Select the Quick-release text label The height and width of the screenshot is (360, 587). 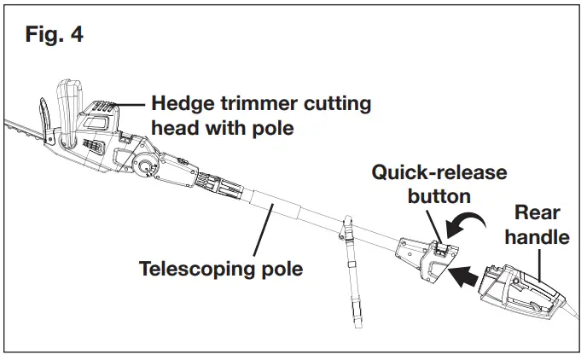(x=439, y=173)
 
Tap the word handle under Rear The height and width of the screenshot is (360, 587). (x=537, y=236)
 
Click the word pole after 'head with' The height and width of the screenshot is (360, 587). (x=273, y=129)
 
